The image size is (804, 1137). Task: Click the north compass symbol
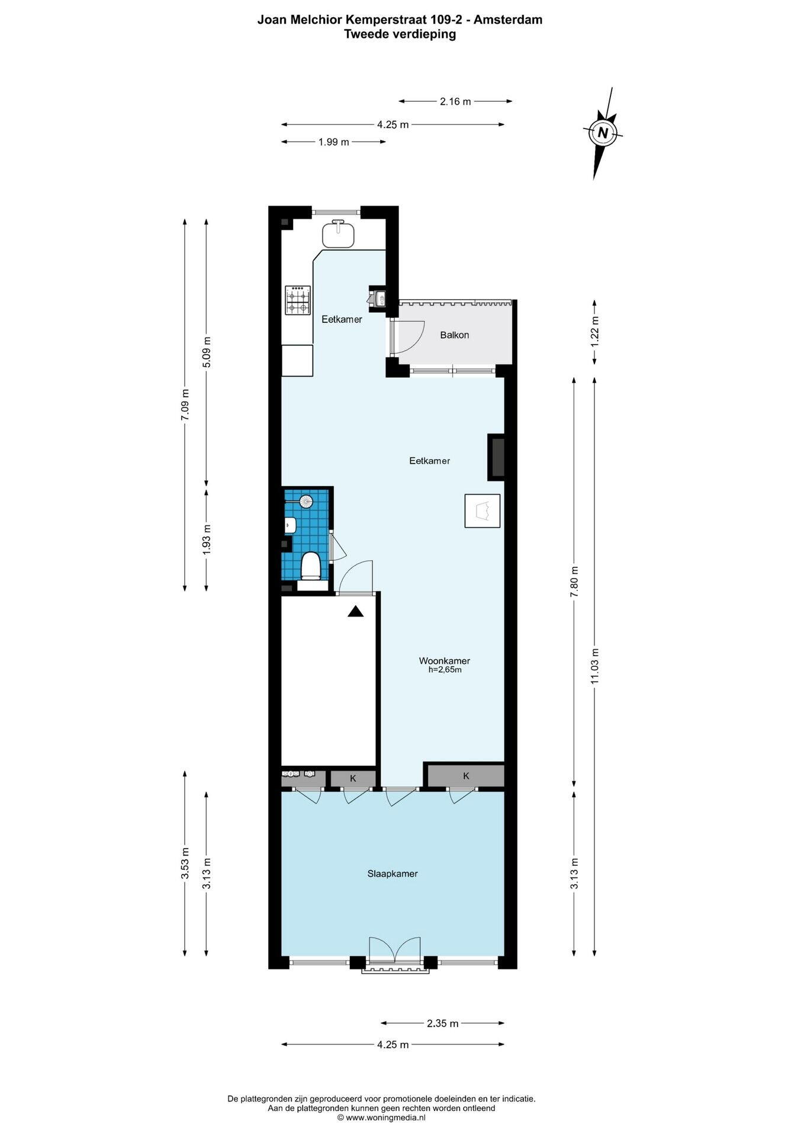[603, 133]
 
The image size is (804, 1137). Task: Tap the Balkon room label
[454, 335]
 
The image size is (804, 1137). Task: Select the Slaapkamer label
[393, 873]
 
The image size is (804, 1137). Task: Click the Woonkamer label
[445, 661]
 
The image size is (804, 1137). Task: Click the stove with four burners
[298, 300]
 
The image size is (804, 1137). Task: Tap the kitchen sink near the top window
[338, 233]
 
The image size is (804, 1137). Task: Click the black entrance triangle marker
[355, 612]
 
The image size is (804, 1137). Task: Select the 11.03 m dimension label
[595, 666]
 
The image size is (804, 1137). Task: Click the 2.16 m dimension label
[455, 101]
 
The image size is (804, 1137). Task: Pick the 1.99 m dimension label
[333, 142]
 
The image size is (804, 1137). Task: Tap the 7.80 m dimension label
[574, 582]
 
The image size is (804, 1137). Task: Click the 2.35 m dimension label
[443, 1023]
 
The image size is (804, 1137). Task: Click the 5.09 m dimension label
[207, 352]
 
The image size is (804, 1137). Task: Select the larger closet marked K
[466, 776]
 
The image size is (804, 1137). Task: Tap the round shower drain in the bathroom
[306, 502]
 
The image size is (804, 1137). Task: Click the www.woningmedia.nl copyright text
[381, 1117]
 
